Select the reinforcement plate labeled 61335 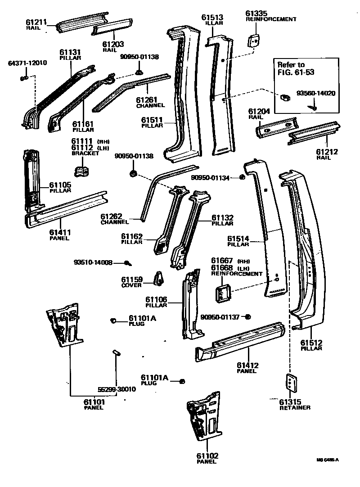point(254,40)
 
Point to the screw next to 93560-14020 point(313,107)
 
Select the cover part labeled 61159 point(159,279)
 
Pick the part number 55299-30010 point(117,389)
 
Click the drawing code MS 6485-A point(327,460)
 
